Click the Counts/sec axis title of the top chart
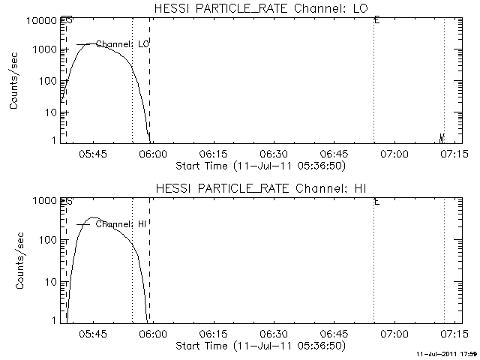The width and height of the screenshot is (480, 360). point(15,81)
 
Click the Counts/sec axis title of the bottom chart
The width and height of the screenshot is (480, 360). point(15,261)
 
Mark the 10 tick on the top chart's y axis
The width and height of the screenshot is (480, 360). point(49,112)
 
